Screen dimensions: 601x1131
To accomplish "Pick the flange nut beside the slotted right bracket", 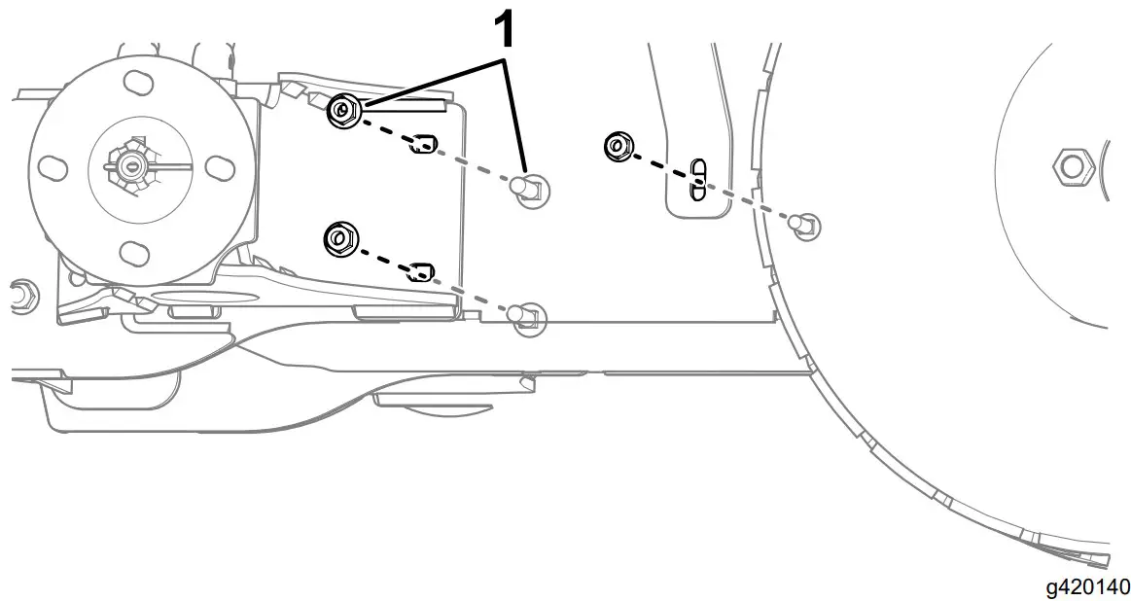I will pos(616,147).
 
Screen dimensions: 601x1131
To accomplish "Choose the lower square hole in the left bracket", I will pos(420,269).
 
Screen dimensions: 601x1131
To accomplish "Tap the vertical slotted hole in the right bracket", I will pos(696,177).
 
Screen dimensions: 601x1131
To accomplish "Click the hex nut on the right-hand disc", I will pos(1072,166).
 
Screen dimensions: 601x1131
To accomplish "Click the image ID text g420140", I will pos(1087,586).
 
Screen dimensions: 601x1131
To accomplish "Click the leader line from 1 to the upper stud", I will pos(516,117).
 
